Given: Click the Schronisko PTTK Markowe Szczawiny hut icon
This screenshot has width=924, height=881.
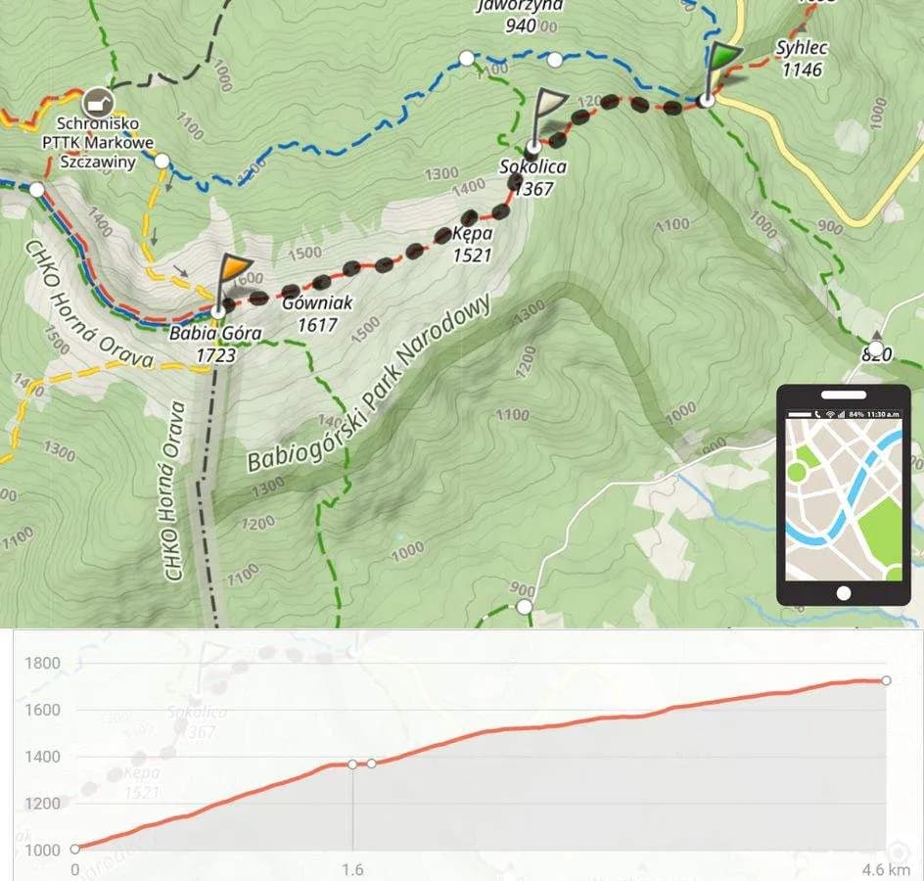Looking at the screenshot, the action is [96, 101].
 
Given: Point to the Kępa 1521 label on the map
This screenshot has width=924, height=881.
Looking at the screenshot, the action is [471, 245].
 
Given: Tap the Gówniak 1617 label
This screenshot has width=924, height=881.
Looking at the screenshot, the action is [316, 314].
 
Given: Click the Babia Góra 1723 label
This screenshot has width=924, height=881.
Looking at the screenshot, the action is [215, 344].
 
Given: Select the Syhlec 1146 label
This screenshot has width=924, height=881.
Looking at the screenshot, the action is [801, 58].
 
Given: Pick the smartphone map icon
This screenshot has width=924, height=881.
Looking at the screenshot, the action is [844, 495].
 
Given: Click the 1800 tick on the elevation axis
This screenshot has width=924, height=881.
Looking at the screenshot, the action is [42, 664].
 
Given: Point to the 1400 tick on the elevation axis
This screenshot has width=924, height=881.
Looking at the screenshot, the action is [42, 757].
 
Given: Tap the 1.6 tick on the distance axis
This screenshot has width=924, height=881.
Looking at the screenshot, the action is [352, 869].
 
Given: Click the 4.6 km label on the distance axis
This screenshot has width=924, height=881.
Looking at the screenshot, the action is [885, 869].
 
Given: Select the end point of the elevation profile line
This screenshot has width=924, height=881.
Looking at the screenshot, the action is [886, 680].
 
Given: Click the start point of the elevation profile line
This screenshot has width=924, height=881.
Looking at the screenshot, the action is [75, 849].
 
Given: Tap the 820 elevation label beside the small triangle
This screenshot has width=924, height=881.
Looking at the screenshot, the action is [876, 354].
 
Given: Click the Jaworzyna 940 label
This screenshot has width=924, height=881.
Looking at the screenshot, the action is [519, 16].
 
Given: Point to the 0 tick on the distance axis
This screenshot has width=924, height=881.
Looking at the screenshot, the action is [75, 869].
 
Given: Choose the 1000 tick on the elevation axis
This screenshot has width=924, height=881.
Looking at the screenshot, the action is [42, 850].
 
